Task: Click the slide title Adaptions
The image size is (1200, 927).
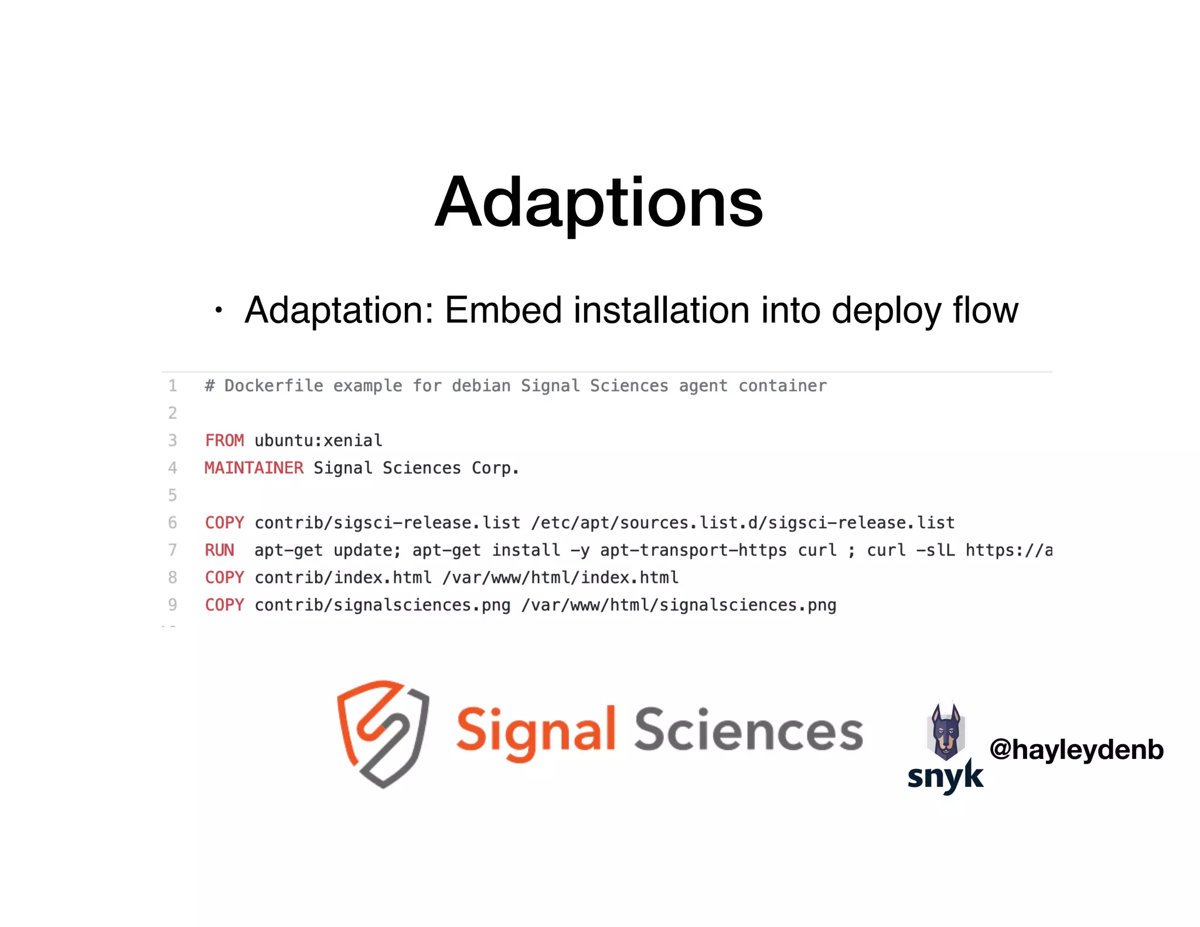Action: tap(599, 203)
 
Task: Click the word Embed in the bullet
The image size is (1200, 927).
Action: tap(503, 310)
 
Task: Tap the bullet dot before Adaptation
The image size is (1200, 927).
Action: tap(219, 310)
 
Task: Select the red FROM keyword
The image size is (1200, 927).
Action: tap(224, 441)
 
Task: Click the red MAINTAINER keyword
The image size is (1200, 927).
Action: tap(254, 468)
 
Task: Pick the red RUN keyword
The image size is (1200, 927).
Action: tap(219, 550)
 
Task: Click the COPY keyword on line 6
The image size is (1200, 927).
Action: tap(224, 523)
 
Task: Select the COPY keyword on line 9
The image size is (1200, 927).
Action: tap(224, 605)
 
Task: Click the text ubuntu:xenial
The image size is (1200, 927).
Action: tap(318, 441)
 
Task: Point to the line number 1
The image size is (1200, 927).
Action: tap(172, 386)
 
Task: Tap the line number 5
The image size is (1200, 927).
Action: tap(172, 495)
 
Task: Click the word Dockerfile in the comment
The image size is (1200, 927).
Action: tap(274, 386)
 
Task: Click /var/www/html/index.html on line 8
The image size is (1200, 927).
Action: tap(560, 578)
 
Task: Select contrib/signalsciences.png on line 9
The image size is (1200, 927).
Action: tap(382, 605)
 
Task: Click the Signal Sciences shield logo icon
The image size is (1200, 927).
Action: tap(384, 733)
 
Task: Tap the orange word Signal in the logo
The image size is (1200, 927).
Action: tap(536, 732)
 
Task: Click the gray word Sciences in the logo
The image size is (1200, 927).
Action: tap(748, 731)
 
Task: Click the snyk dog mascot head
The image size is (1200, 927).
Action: tap(946, 731)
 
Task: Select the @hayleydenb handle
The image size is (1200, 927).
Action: tap(1076, 749)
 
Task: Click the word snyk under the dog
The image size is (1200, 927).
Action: tap(945, 776)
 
